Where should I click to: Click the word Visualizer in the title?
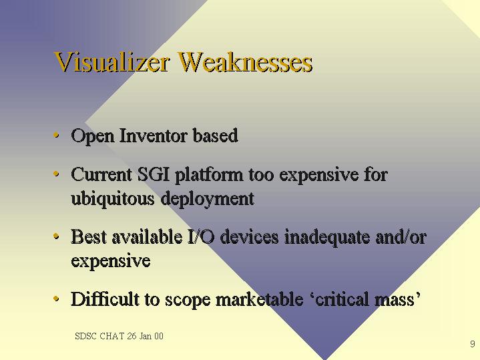tap(111, 62)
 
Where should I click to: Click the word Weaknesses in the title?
tap(245, 62)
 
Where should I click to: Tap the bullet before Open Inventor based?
tap(56, 135)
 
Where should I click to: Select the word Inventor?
tap(153, 135)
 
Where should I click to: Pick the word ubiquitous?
tap(113, 199)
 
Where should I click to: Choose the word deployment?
tap(207, 199)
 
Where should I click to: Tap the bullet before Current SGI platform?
tap(56, 174)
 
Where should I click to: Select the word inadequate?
tap(326, 238)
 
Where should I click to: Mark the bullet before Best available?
tap(56, 236)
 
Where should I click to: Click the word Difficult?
tap(105, 299)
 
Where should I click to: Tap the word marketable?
tap(259, 299)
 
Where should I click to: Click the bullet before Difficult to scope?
tap(56, 299)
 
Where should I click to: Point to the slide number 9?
tap(473, 344)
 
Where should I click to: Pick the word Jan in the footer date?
tap(146, 336)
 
